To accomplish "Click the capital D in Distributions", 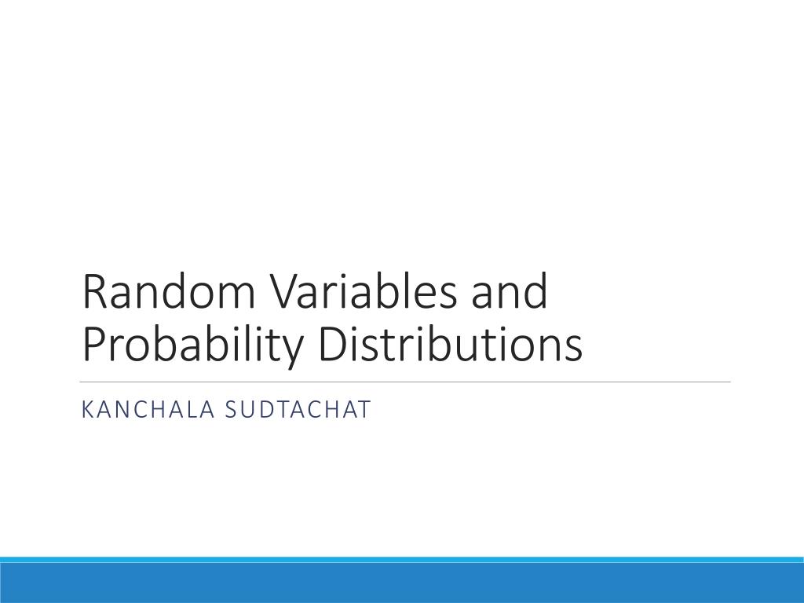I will [x=333, y=346].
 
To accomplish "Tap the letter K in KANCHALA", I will [x=88, y=410].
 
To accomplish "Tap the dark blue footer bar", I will [x=402, y=583].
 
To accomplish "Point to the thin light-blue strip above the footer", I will [x=402, y=560].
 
